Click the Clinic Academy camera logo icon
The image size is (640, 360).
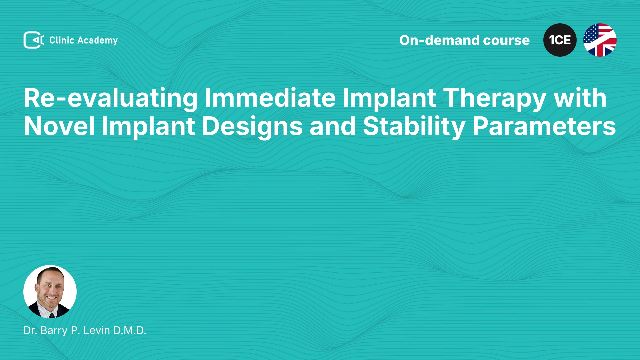pyautogui.click(x=34, y=40)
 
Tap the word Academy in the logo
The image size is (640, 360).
pyautogui.click(x=97, y=41)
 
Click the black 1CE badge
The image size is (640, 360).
pyautogui.click(x=560, y=40)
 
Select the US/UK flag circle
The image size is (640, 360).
pyautogui.click(x=600, y=40)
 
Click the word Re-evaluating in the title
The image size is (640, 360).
pyautogui.click(x=111, y=98)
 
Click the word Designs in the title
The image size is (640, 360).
pyautogui.click(x=252, y=127)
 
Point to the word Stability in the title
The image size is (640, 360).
pyautogui.click(x=414, y=127)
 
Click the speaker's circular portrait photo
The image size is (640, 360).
pyautogui.click(x=50, y=292)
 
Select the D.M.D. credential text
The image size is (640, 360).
pyautogui.click(x=130, y=330)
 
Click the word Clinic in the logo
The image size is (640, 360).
pyautogui.click(x=62, y=40)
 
